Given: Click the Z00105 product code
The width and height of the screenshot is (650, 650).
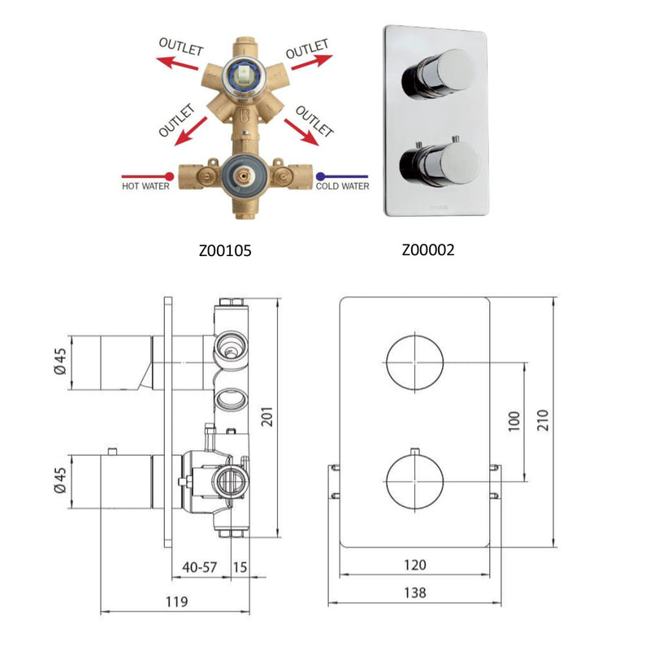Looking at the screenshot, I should coord(225,251).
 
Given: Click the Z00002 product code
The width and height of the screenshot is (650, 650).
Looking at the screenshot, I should coord(427,250).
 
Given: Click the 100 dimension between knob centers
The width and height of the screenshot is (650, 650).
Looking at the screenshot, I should coord(513,420).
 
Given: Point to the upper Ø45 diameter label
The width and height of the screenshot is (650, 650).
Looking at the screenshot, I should coord(59,363).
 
